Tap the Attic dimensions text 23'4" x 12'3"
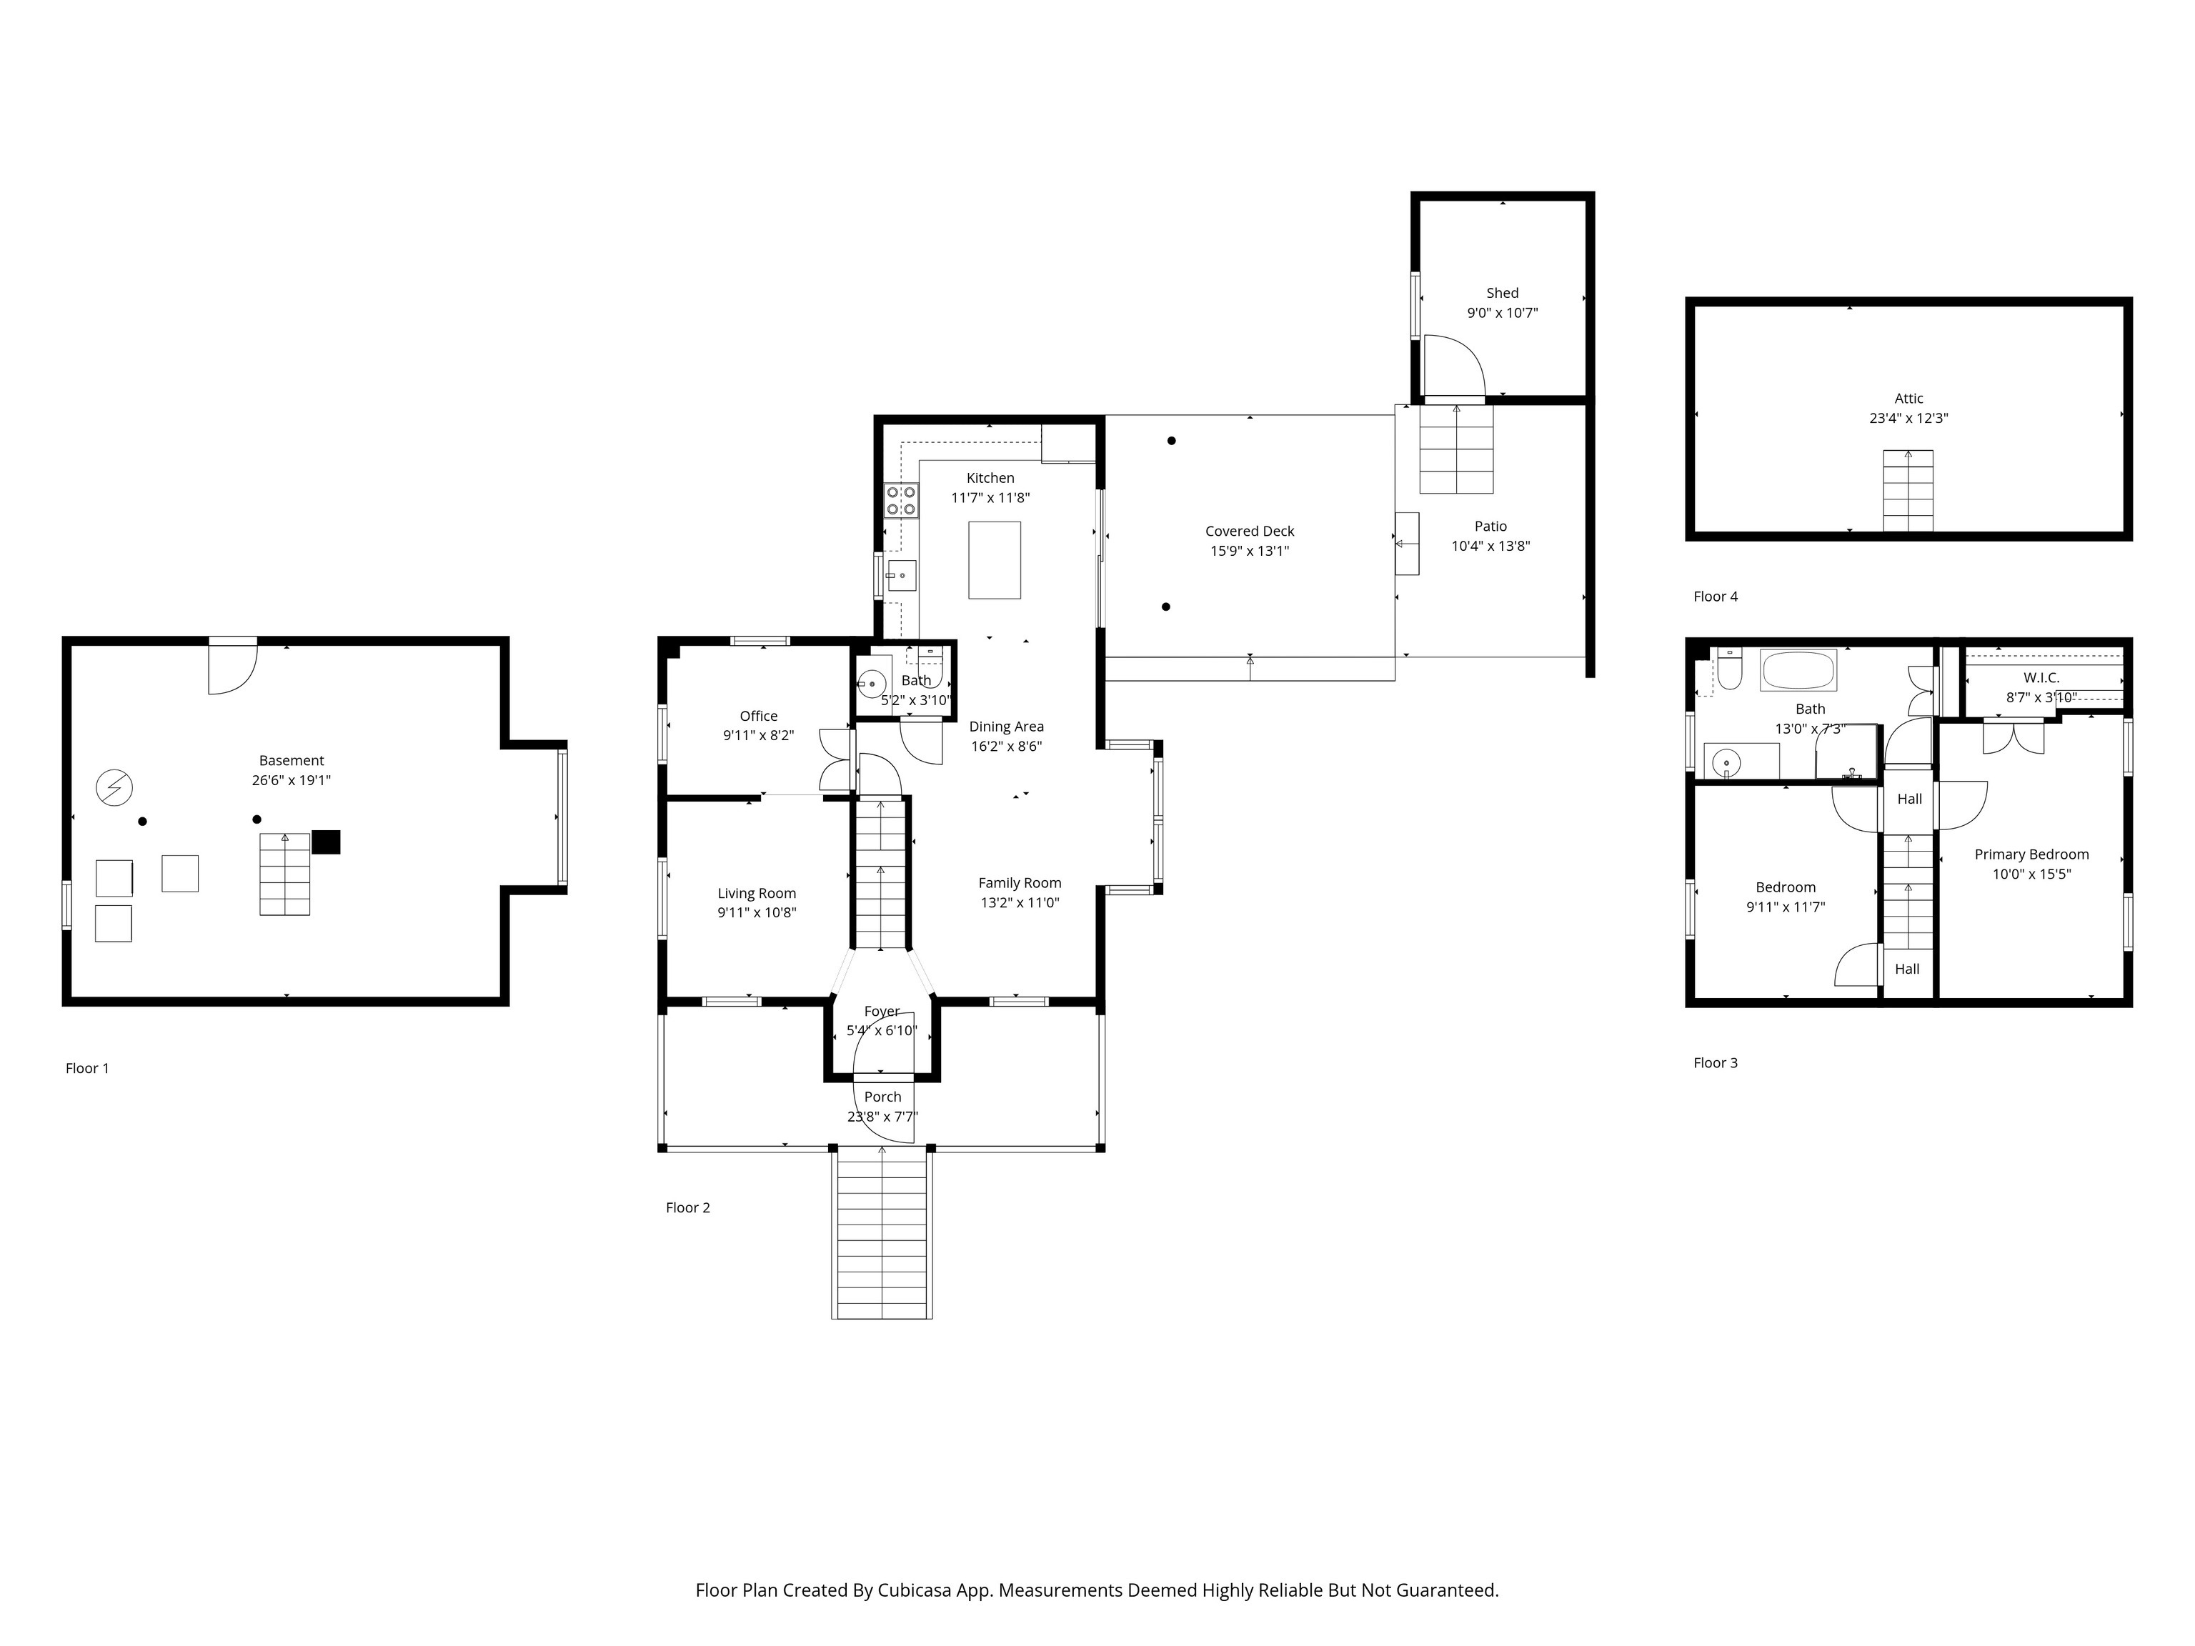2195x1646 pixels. point(1908,419)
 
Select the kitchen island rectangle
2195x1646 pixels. point(995,559)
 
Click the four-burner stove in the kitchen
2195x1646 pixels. point(901,501)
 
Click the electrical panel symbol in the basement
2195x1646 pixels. point(114,788)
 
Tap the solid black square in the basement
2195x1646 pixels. point(327,842)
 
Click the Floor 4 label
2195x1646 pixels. point(1716,597)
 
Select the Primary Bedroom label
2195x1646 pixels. point(2031,854)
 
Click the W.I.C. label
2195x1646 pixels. point(2041,678)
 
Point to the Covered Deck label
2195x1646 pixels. point(1249,532)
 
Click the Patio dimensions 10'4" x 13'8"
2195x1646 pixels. point(1490,546)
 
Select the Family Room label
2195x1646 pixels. point(1019,883)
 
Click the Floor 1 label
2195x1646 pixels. point(87,1069)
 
